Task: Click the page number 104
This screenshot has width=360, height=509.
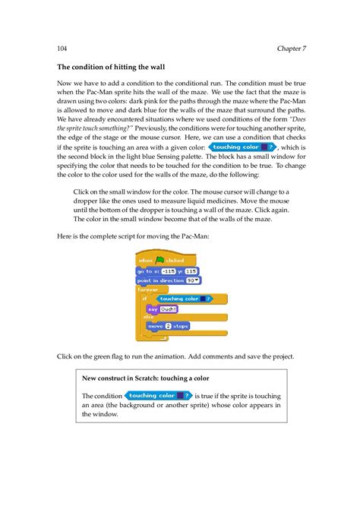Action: pyautogui.click(x=62, y=49)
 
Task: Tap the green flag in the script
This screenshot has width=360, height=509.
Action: pyautogui.click(x=159, y=260)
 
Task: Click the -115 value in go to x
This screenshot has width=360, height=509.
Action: pyautogui.click(x=169, y=270)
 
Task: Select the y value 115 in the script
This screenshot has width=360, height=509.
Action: pyautogui.click(x=191, y=270)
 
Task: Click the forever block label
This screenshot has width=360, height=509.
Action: pyautogui.click(x=147, y=289)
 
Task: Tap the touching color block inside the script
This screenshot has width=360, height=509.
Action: pyautogui.click(x=183, y=299)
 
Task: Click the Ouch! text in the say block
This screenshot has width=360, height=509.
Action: pyautogui.click(x=167, y=309)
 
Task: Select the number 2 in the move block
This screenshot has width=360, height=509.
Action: pyautogui.click(x=168, y=326)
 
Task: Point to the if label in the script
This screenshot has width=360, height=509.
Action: pyautogui.click(x=144, y=299)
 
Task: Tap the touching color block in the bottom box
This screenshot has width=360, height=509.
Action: pyautogui.click(x=159, y=396)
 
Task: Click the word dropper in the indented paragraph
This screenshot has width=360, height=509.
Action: pyautogui.click(x=90, y=201)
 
